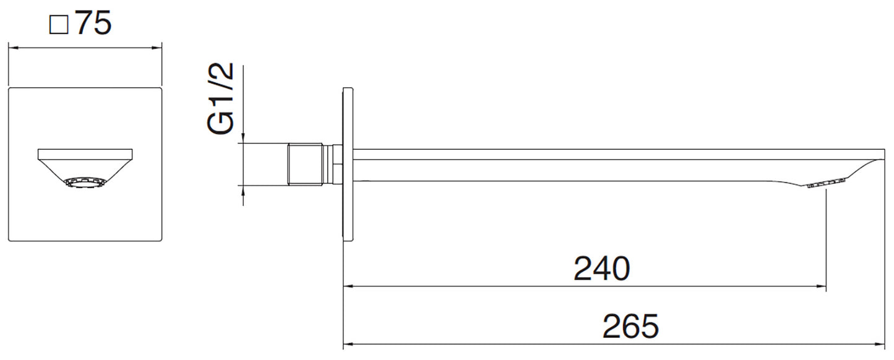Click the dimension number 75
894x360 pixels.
(x=93, y=24)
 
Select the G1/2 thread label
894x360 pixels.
(x=221, y=98)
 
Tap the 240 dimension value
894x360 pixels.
(x=601, y=268)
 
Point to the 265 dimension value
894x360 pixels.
(x=630, y=326)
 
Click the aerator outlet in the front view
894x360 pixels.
(x=85, y=182)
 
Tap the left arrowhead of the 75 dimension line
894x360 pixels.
(x=13, y=47)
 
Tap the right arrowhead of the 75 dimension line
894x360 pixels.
(x=157, y=47)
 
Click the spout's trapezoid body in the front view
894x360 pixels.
(x=85, y=163)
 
